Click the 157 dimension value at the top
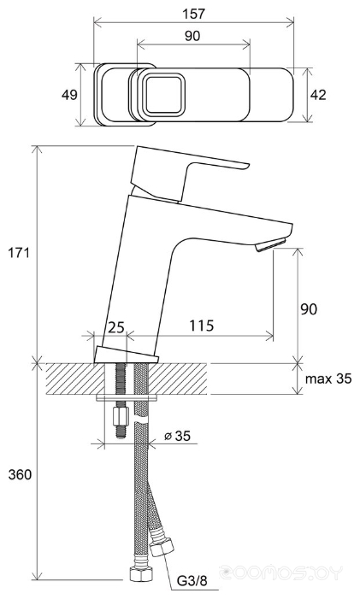click(x=194, y=14)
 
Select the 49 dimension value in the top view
click(x=69, y=94)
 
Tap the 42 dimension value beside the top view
click(x=318, y=94)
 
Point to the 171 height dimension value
click(x=19, y=253)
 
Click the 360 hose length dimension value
click(x=20, y=474)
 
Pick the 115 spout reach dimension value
click(x=202, y=326)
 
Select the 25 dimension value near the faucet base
click(x=116, y=327)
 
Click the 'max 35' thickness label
click(x=328, y=379)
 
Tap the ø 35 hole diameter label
click(x=177, y=436)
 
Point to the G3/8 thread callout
click(x=192, y=581)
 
